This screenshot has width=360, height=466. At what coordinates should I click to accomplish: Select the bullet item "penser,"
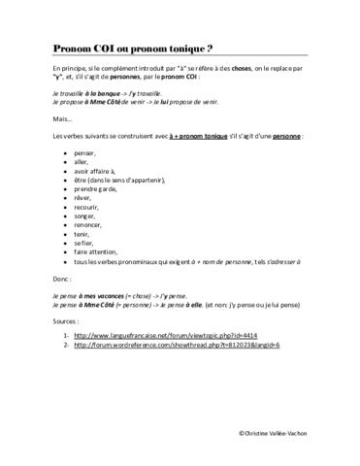pos(85,152)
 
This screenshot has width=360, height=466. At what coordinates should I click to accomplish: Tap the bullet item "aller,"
pos(82,166)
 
